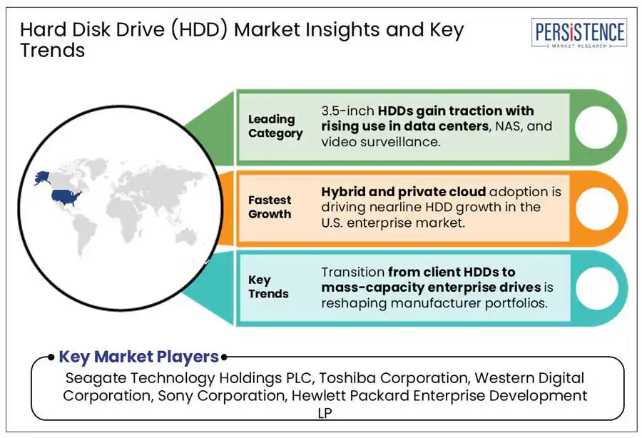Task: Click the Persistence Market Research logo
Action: (x=579, y=33)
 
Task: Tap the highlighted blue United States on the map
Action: (x=66, y=196)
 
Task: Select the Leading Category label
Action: (x=275, y=126)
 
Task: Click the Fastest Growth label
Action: (x=270, y=207)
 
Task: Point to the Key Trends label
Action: (x=268, y=287)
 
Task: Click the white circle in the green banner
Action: (x=596, y=127)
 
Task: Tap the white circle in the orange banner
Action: (x=596, y=208)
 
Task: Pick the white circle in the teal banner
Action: (x=596, y=288)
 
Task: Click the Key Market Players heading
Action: (x=139, y=357)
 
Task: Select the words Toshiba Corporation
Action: (x=394, y=378)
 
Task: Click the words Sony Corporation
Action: (x=222, y=396)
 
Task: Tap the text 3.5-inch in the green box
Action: (x=347, y=111)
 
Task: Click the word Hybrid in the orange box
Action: (x=342, y=192)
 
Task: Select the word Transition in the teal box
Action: (x=352, y=272)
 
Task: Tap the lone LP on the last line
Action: (x=325, y=413)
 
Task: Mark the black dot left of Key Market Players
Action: (x=51, y=357)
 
